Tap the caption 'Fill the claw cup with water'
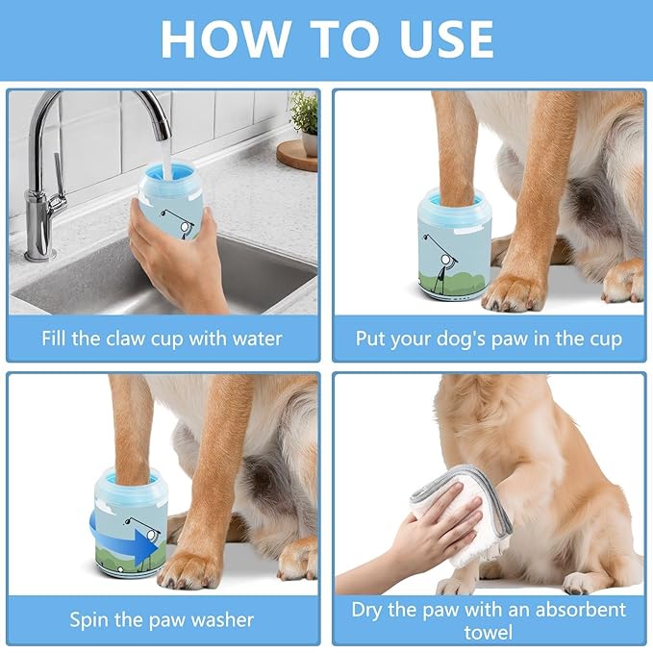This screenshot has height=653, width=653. (163, 339)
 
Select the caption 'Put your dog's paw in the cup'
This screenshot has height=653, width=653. (489, 339)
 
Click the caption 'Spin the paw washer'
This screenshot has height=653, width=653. (163, 618)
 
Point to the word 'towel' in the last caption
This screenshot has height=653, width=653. (489, 632)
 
